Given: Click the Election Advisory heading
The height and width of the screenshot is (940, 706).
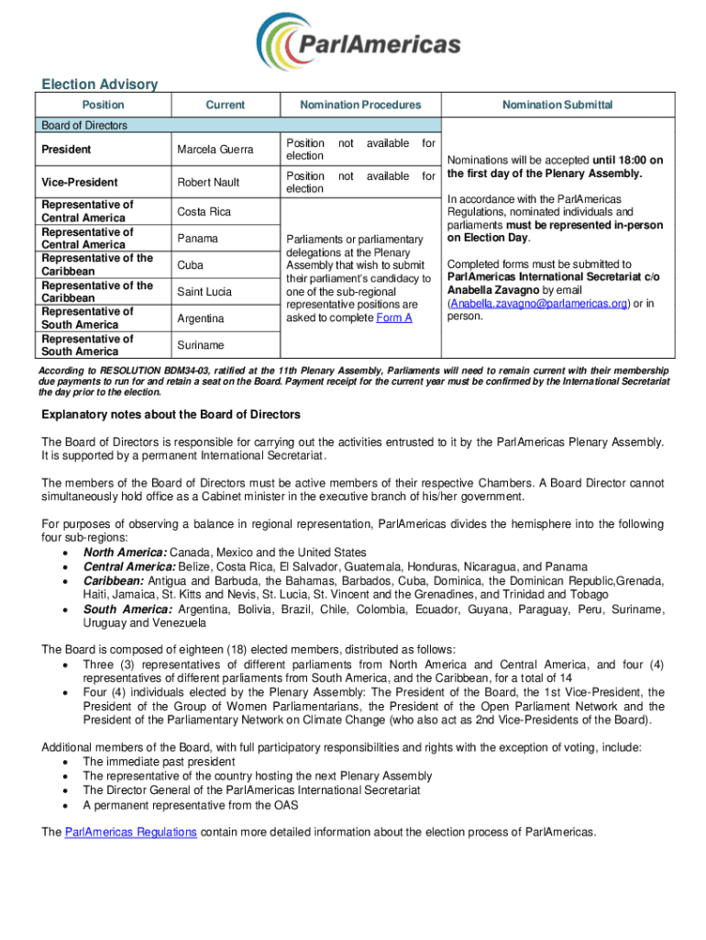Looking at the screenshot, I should [x=100, y=84].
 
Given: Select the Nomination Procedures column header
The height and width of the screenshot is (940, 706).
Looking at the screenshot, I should [x=360, y=106].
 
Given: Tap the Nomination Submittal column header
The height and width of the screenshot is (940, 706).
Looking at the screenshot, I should [x=557, y=106].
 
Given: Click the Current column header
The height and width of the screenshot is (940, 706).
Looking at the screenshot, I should [x=225, y=106].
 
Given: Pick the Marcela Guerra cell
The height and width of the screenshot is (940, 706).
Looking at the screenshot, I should [x=214, y=150].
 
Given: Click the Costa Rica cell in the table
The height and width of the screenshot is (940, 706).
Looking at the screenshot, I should [x=204, y=212].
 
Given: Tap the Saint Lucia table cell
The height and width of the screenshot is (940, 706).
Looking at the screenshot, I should [x=207, y=292].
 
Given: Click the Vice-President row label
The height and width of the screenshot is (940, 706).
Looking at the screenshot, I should [x=80, y=182].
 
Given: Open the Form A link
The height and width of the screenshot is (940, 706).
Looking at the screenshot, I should [x=394, y=318].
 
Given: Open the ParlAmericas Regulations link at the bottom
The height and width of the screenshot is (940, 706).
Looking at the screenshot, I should [x=130, y=833].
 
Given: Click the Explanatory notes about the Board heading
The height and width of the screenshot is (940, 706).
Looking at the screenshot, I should [x=171, y=415].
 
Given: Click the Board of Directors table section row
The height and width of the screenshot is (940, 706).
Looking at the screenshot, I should [x=84, y=126].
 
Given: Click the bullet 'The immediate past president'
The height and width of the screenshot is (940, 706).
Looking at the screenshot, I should [x=160, y=762].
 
